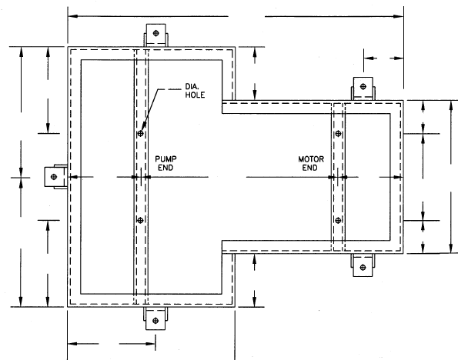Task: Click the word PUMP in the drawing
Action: pyautogui.click(x=165, y=159)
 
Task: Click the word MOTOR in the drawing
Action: pyautogui.click(x=311, y=159)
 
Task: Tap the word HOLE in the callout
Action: pyautogui.click(x=195, y=95)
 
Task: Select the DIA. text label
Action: pyautogui.click(x=192, y=86)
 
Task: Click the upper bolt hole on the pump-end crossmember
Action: pyautogui.click(x=141, y=133)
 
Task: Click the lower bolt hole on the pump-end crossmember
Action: pyautogui.click(x=140, y=220)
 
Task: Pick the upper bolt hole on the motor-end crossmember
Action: pyautogui.click(x=338, y=133)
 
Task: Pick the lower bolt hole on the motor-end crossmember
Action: pyautogui.click(x=338, y=220)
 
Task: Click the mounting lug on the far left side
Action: pyautogui.click(x=55, y=177)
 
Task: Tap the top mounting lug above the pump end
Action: pyautogui.click(x=155, y=35)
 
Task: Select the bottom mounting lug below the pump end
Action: pyautogui.click(x=155, y=318)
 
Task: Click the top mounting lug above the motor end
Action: pyautogui.click(x=363, y=88)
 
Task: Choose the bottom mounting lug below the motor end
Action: pyautogui.click(x=363, y=265)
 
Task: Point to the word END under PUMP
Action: pyautogui.click(x=165, y=168)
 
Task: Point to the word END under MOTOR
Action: pyautogui.click(x=310, y=168)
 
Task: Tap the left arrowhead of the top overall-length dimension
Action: pyautogui.click(x=72, y=16)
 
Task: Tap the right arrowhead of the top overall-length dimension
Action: pyautogui.click(x=399, y=16)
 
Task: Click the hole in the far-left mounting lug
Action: pyautogui.click(x=54, y=177)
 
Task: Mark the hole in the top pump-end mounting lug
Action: pyautogui.click(x=156, y=33)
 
